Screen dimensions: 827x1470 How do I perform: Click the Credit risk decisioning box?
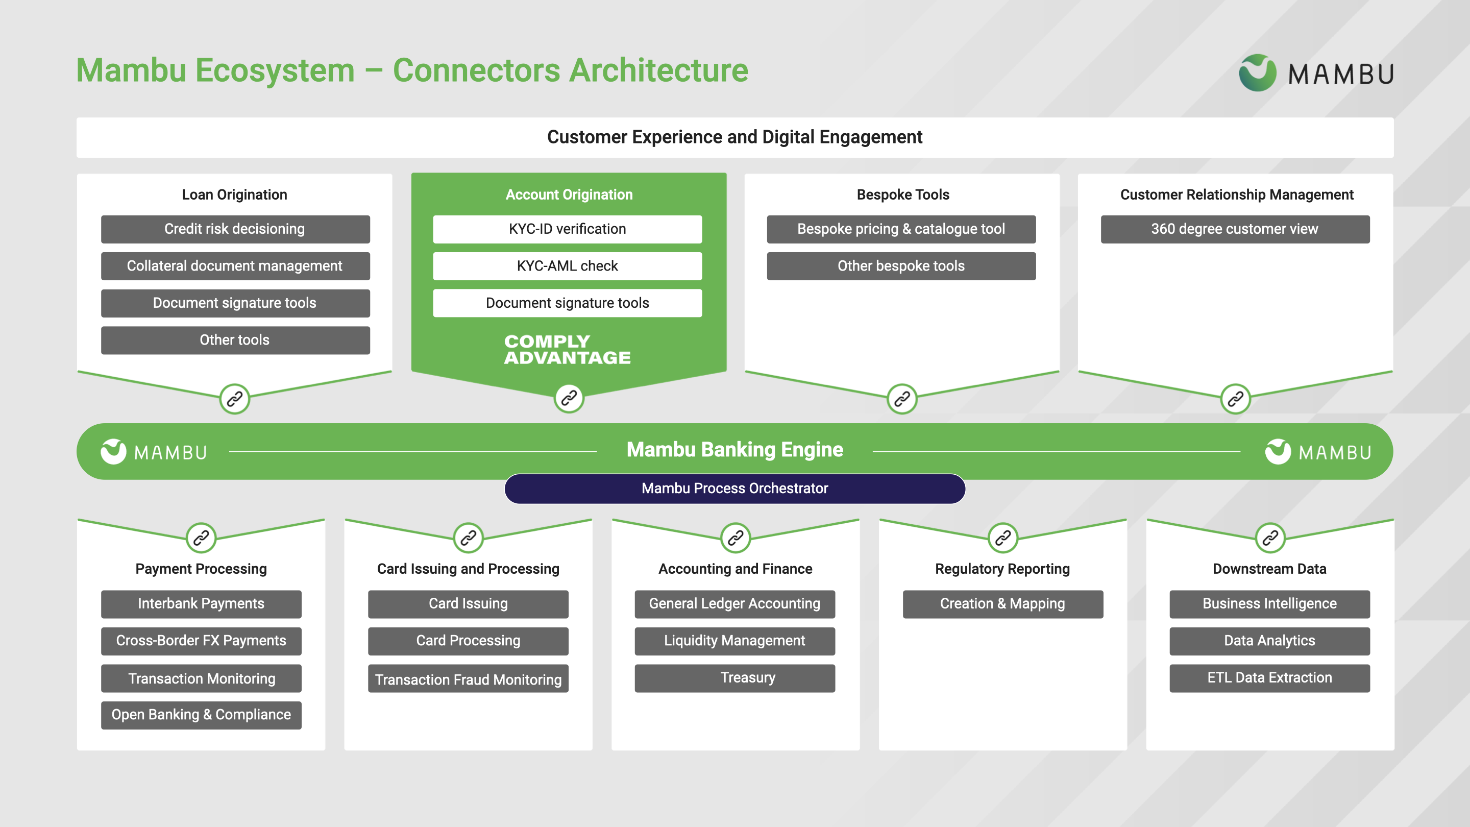click(235, 229)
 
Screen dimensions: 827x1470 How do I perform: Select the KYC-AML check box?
click(567, 266)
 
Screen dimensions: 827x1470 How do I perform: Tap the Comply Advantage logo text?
click(567, 349)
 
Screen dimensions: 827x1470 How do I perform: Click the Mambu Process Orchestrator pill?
click(734, 489)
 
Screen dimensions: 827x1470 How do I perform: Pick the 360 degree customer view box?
click(1234, 229)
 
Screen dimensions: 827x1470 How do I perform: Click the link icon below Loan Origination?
click(235, 399)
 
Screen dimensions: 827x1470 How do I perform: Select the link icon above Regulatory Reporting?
click(1002, 538)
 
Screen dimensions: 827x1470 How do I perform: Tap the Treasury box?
click(734, 678)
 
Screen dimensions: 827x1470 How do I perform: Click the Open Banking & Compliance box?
click(201, 715)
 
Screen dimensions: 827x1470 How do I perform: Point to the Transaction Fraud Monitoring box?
click(468, 679)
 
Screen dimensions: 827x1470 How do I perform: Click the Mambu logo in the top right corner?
click(1316, 74)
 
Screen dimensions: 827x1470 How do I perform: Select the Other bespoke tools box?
click(901, 266)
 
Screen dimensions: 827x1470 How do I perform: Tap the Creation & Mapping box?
click(1002, 604)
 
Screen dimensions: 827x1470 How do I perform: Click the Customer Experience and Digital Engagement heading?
click(734, 137)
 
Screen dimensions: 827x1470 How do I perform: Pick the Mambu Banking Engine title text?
click(734, 450)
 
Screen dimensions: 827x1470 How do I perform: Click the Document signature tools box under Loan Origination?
click(235, 303)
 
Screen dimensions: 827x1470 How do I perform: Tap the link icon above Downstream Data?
click(1270, 538)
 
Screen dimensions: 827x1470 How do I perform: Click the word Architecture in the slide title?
click(658, 71)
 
